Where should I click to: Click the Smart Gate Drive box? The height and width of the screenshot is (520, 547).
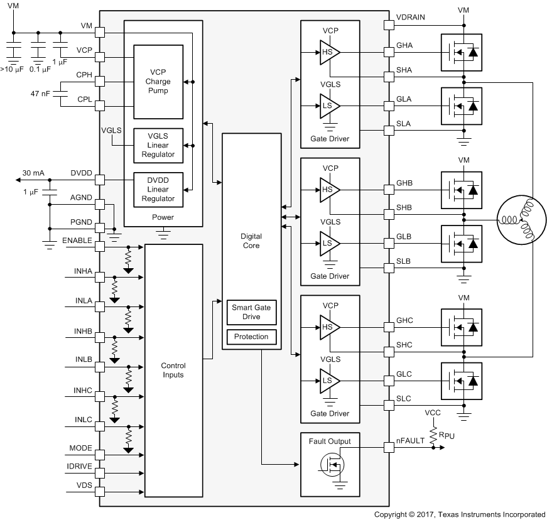coord(251,311)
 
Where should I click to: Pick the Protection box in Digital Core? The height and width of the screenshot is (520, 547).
coord(251,337)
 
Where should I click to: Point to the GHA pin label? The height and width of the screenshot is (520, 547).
coord(405,45)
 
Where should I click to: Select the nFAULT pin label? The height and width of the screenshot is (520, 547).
coord(409,441)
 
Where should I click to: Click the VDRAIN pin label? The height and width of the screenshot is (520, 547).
coord(411,17)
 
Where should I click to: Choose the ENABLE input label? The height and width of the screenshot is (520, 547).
coord(77,240)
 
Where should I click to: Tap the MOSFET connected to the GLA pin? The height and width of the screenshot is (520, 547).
coord(462,106)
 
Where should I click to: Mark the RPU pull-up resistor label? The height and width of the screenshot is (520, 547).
coord(448,435)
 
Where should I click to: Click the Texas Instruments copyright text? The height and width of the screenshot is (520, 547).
coord(459,514)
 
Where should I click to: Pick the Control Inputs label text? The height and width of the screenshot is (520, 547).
coord(173,370)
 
